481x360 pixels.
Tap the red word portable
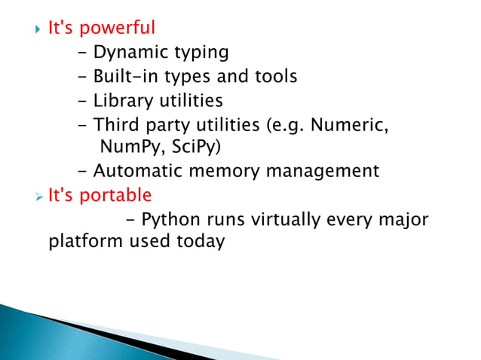115,196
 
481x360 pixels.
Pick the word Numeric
356,124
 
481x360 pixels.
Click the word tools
274,77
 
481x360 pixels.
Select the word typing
201,53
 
